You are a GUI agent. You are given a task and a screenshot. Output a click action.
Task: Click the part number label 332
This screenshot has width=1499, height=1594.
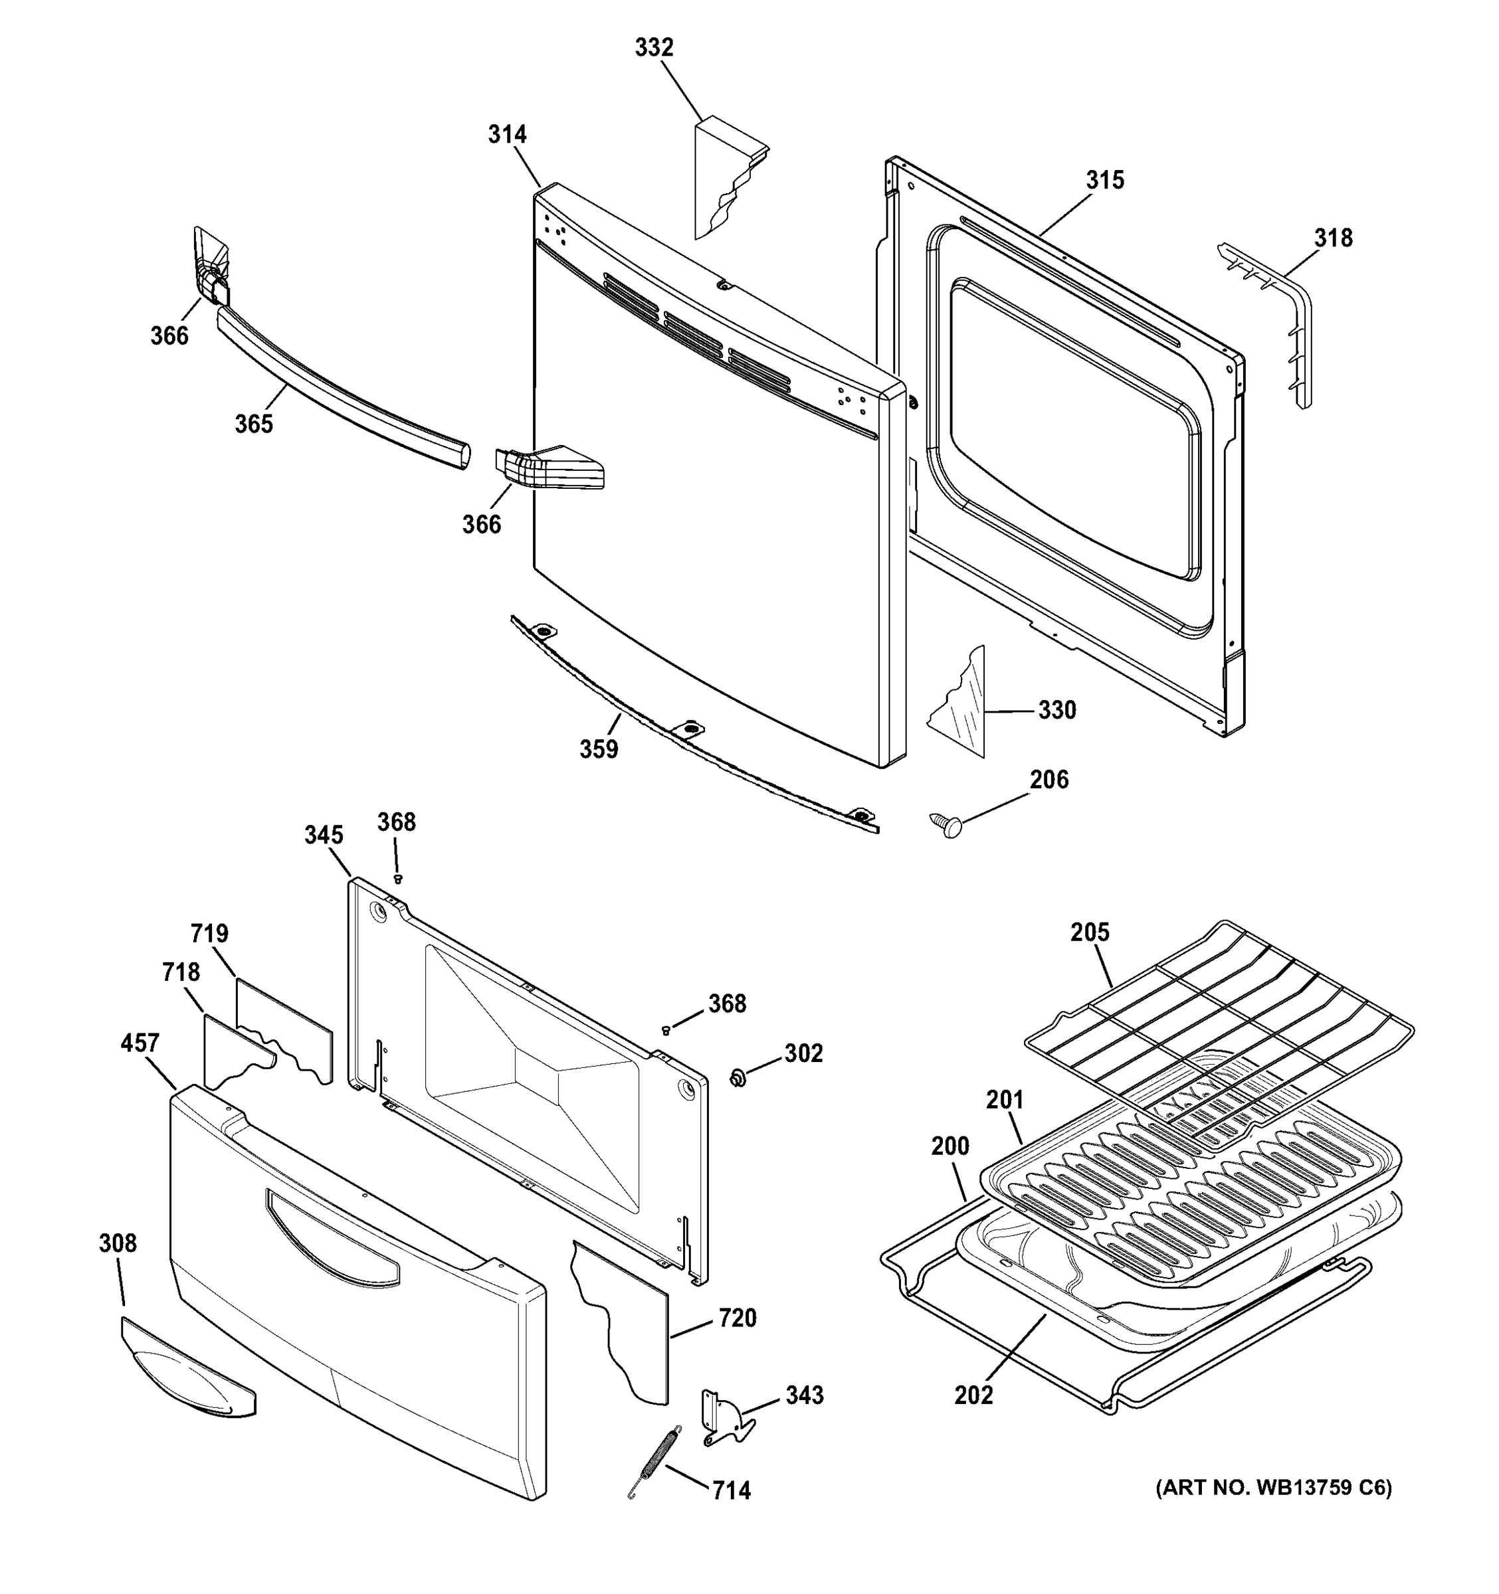pyautogui.click(x=654, y=48)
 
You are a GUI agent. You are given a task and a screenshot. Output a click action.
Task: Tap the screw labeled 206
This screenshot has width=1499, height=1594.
pyautogui.click(x=946, y=824)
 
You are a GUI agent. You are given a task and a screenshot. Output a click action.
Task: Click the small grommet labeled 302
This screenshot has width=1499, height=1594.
pyautogui.click(x=738, y=1079)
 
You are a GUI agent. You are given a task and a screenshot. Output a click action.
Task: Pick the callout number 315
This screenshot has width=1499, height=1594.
pyautogui.click(x=1104, y=181)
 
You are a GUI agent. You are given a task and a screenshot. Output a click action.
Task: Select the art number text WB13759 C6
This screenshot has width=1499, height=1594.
pyautogui.click(x=1273, y=1488)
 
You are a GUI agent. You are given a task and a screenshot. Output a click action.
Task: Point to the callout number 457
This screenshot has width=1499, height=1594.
pyautogui.click(x=140, y=1043)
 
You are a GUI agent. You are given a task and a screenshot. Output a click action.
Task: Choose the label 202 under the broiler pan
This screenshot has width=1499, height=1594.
pyautogui.click(x=973, y=1395)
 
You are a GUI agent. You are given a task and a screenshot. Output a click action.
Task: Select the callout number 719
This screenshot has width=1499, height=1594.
pyautogui.click(x=209, y=934)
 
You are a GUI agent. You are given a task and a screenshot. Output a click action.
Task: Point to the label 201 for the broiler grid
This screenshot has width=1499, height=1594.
pyautogui.click(x=1004, y=1100)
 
